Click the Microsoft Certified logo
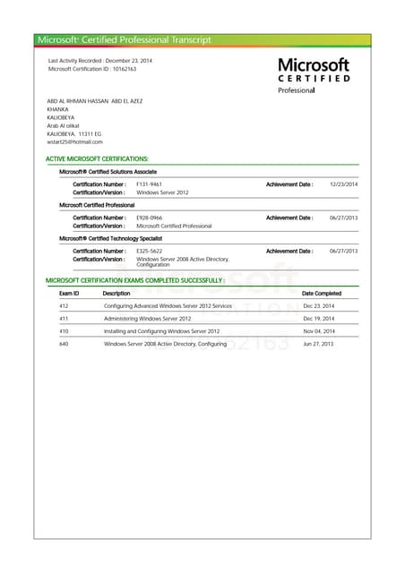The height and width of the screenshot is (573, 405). click(314, 75)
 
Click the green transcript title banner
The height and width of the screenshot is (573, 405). click(202, 40)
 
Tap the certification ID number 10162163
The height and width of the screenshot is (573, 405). click(124, 69)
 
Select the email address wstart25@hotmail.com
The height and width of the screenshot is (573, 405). click(74, 141)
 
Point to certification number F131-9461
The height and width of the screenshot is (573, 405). click(150, 184)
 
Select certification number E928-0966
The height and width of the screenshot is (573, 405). click(150, 218)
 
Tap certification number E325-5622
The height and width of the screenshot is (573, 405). click(150, 251)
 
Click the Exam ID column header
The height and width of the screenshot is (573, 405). click(69, 293)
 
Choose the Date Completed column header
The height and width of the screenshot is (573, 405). click(322, 293)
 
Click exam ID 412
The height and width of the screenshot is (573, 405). click(64, 306)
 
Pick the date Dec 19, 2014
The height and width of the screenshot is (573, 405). click(318, 319)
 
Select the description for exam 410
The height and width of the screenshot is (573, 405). click(161, 331)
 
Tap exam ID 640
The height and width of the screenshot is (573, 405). click(64, 344)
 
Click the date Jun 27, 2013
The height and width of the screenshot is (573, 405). click(318, 344)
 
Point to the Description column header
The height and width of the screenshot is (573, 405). click(116, 293)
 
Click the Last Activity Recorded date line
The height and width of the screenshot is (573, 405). click(88, 60)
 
